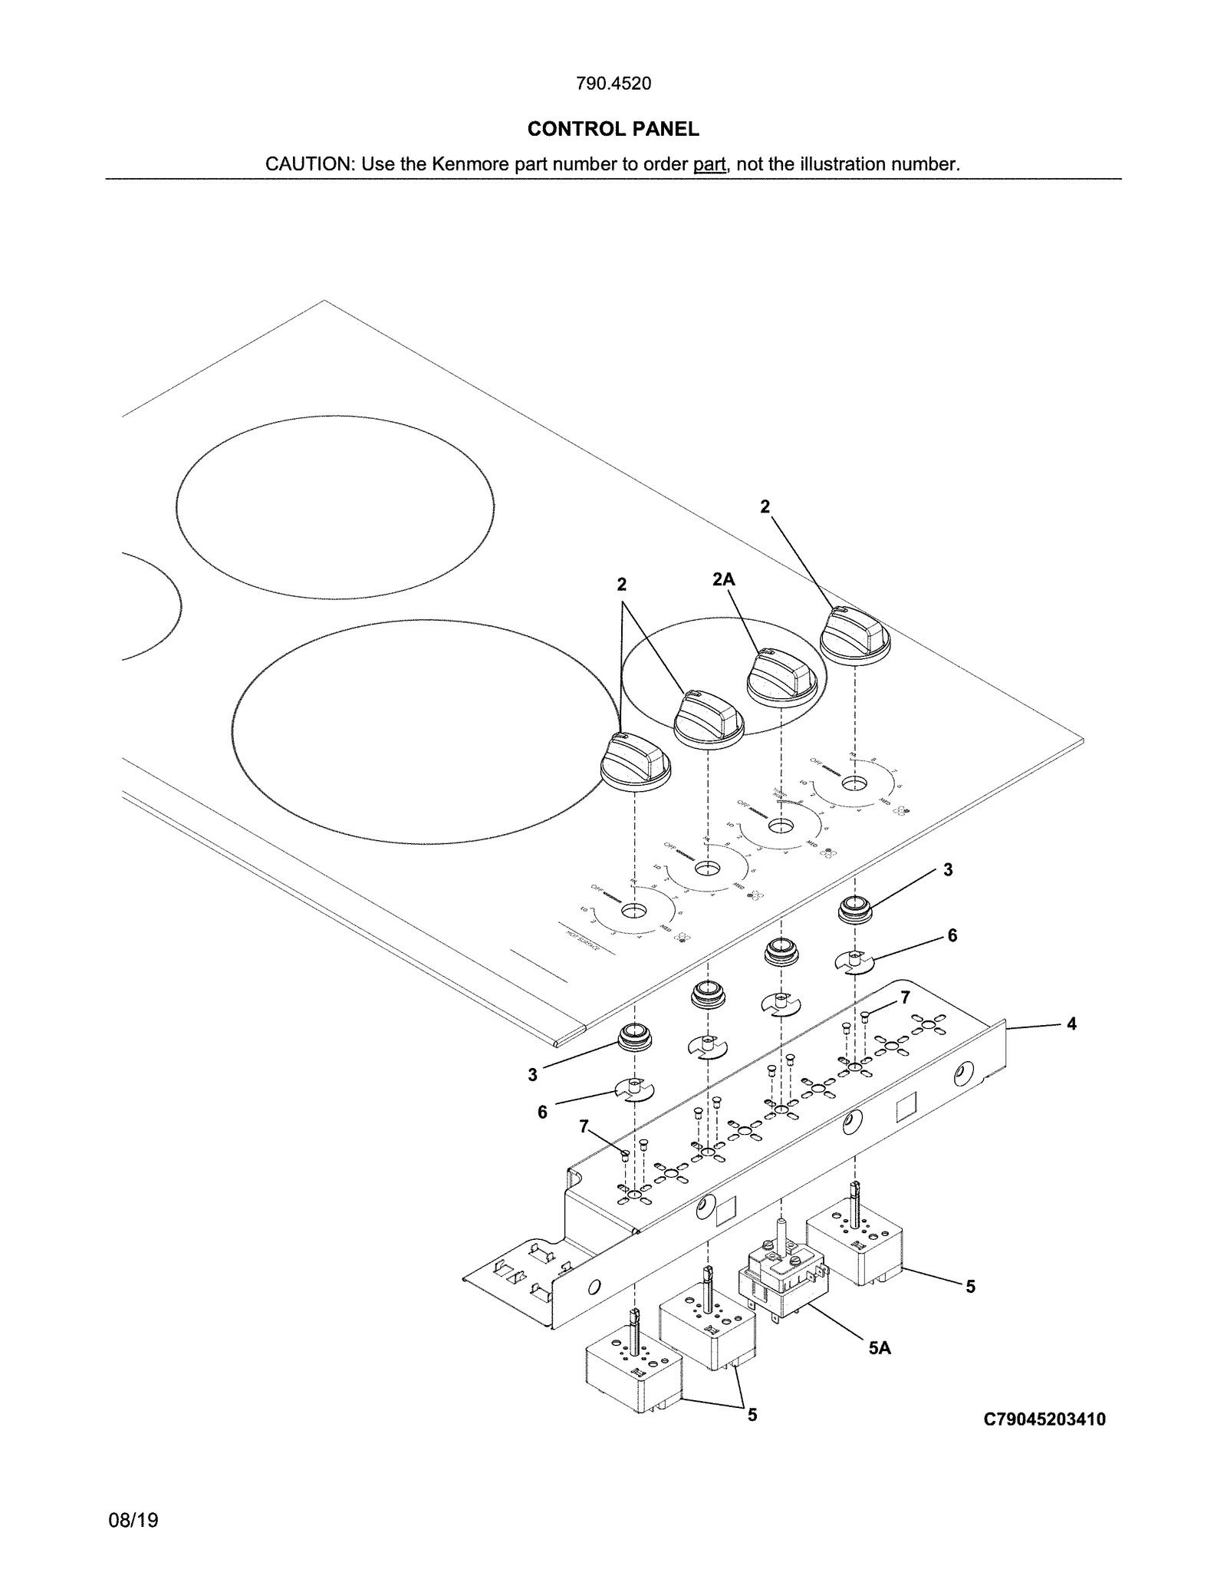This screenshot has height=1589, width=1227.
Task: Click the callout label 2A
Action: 722,579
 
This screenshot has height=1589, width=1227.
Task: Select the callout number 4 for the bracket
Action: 1071,1024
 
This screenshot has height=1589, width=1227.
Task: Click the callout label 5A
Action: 880,1347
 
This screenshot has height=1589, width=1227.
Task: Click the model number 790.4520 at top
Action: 613,84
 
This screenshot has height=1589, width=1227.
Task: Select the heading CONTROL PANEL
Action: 613,129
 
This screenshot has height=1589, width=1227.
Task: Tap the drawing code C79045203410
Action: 1044,1419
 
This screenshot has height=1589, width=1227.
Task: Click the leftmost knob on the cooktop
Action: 635,761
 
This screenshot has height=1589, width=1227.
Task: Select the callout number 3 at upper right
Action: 948,869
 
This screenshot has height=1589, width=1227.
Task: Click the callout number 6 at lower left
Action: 542,1113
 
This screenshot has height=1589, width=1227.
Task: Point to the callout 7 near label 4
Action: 905,997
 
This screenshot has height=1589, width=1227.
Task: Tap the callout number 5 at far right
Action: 970,1287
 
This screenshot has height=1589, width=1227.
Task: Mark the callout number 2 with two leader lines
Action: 622,585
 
